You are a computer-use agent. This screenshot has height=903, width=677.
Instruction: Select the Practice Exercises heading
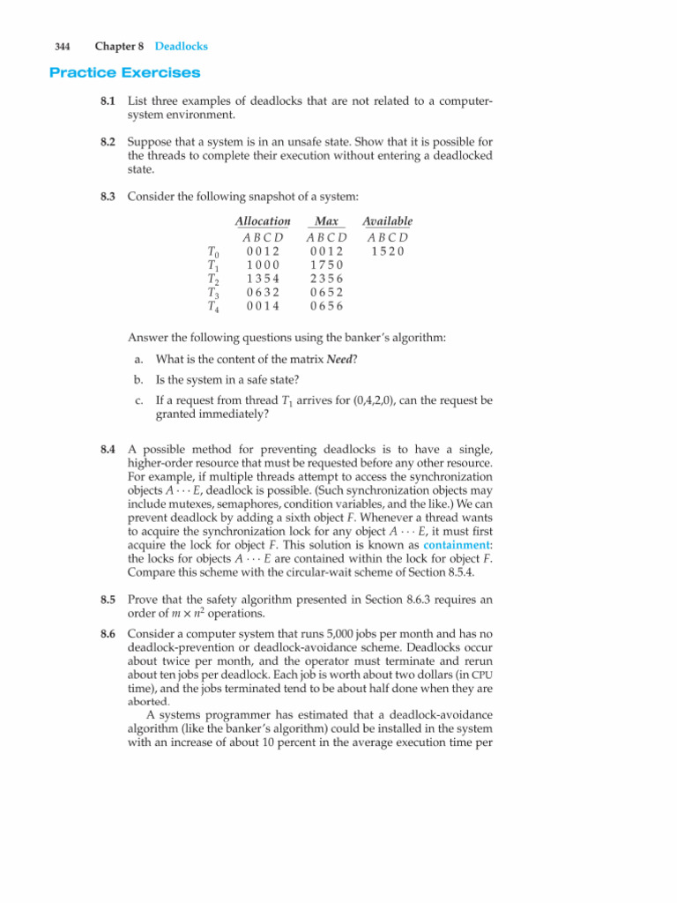coord(124,71)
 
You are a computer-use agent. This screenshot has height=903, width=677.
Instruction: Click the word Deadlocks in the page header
coord(181,46)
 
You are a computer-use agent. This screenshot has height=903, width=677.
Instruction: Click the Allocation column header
coord(263,221)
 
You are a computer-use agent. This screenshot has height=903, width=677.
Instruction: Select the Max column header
coord(327,221)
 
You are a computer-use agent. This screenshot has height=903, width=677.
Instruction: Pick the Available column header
coord(389,221)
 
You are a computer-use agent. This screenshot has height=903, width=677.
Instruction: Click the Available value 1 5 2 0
coord(389,250)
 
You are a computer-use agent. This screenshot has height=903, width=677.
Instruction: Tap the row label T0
coord(212,251)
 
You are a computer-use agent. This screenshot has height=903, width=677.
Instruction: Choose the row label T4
coord(212,307)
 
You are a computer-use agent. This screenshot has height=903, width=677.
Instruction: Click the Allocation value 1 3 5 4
coord(264,279)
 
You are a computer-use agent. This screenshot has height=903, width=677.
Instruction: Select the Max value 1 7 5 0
coord(326,265)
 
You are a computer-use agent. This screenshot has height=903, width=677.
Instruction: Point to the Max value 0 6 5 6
coord(326,307)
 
